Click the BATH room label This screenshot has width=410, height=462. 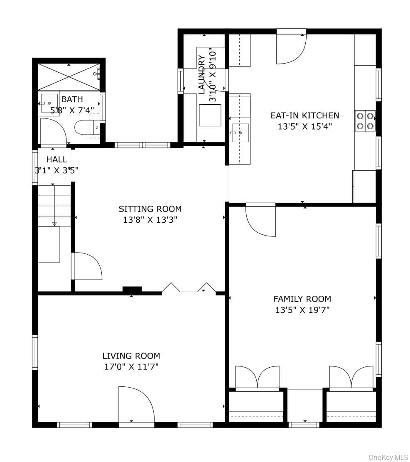(x=72, y=99)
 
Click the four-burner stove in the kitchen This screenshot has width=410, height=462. (x=366, y=120)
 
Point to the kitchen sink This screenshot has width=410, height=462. (x=240, y=133)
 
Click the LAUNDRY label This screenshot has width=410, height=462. (x=201, y=74)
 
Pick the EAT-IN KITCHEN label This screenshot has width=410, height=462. (x=305, y=115)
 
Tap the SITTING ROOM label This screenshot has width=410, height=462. (x=150, y=209)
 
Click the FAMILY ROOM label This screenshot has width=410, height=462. (x=302, y=299)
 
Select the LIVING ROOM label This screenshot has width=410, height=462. (x=131, y=356)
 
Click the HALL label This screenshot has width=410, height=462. (x=56, y=160)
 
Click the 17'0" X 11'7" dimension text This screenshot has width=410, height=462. (x=131, y=367)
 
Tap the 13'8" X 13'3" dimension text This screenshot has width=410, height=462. (x=150, y=220)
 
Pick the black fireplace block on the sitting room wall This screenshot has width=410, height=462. (x=132, y=289)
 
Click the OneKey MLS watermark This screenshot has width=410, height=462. (x=388, y=457)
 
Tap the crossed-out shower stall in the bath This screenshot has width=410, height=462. (x=69, y=76)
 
